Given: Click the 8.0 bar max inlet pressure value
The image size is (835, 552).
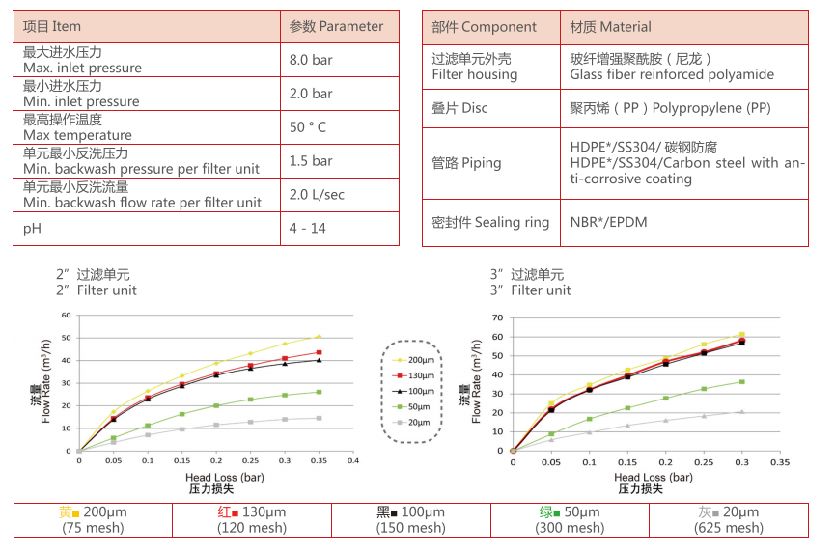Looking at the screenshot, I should (311, 60).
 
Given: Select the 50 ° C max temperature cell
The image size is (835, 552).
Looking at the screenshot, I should (308, 127).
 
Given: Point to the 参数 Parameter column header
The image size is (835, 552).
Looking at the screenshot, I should (337, 26).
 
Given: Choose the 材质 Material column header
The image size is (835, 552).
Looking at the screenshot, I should (610, 27).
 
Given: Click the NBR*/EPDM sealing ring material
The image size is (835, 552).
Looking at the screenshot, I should (608, 222).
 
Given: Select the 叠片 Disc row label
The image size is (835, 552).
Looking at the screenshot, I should (459, 108).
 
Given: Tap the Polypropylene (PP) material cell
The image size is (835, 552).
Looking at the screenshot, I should (670, 108).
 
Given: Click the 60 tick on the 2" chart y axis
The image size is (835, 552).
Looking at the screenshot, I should (67, 315).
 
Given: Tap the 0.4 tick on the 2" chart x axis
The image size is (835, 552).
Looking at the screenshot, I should (352, 461).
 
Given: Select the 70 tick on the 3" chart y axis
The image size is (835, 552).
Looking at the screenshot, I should (498, 317).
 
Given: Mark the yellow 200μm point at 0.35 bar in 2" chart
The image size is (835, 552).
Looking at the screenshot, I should (319, 337).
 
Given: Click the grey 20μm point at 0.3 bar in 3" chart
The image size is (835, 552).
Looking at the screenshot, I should (741, 412).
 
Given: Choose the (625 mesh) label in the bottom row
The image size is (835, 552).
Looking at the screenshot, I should (728, 527).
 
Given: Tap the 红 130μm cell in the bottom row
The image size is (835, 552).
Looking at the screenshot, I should (252, 512).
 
